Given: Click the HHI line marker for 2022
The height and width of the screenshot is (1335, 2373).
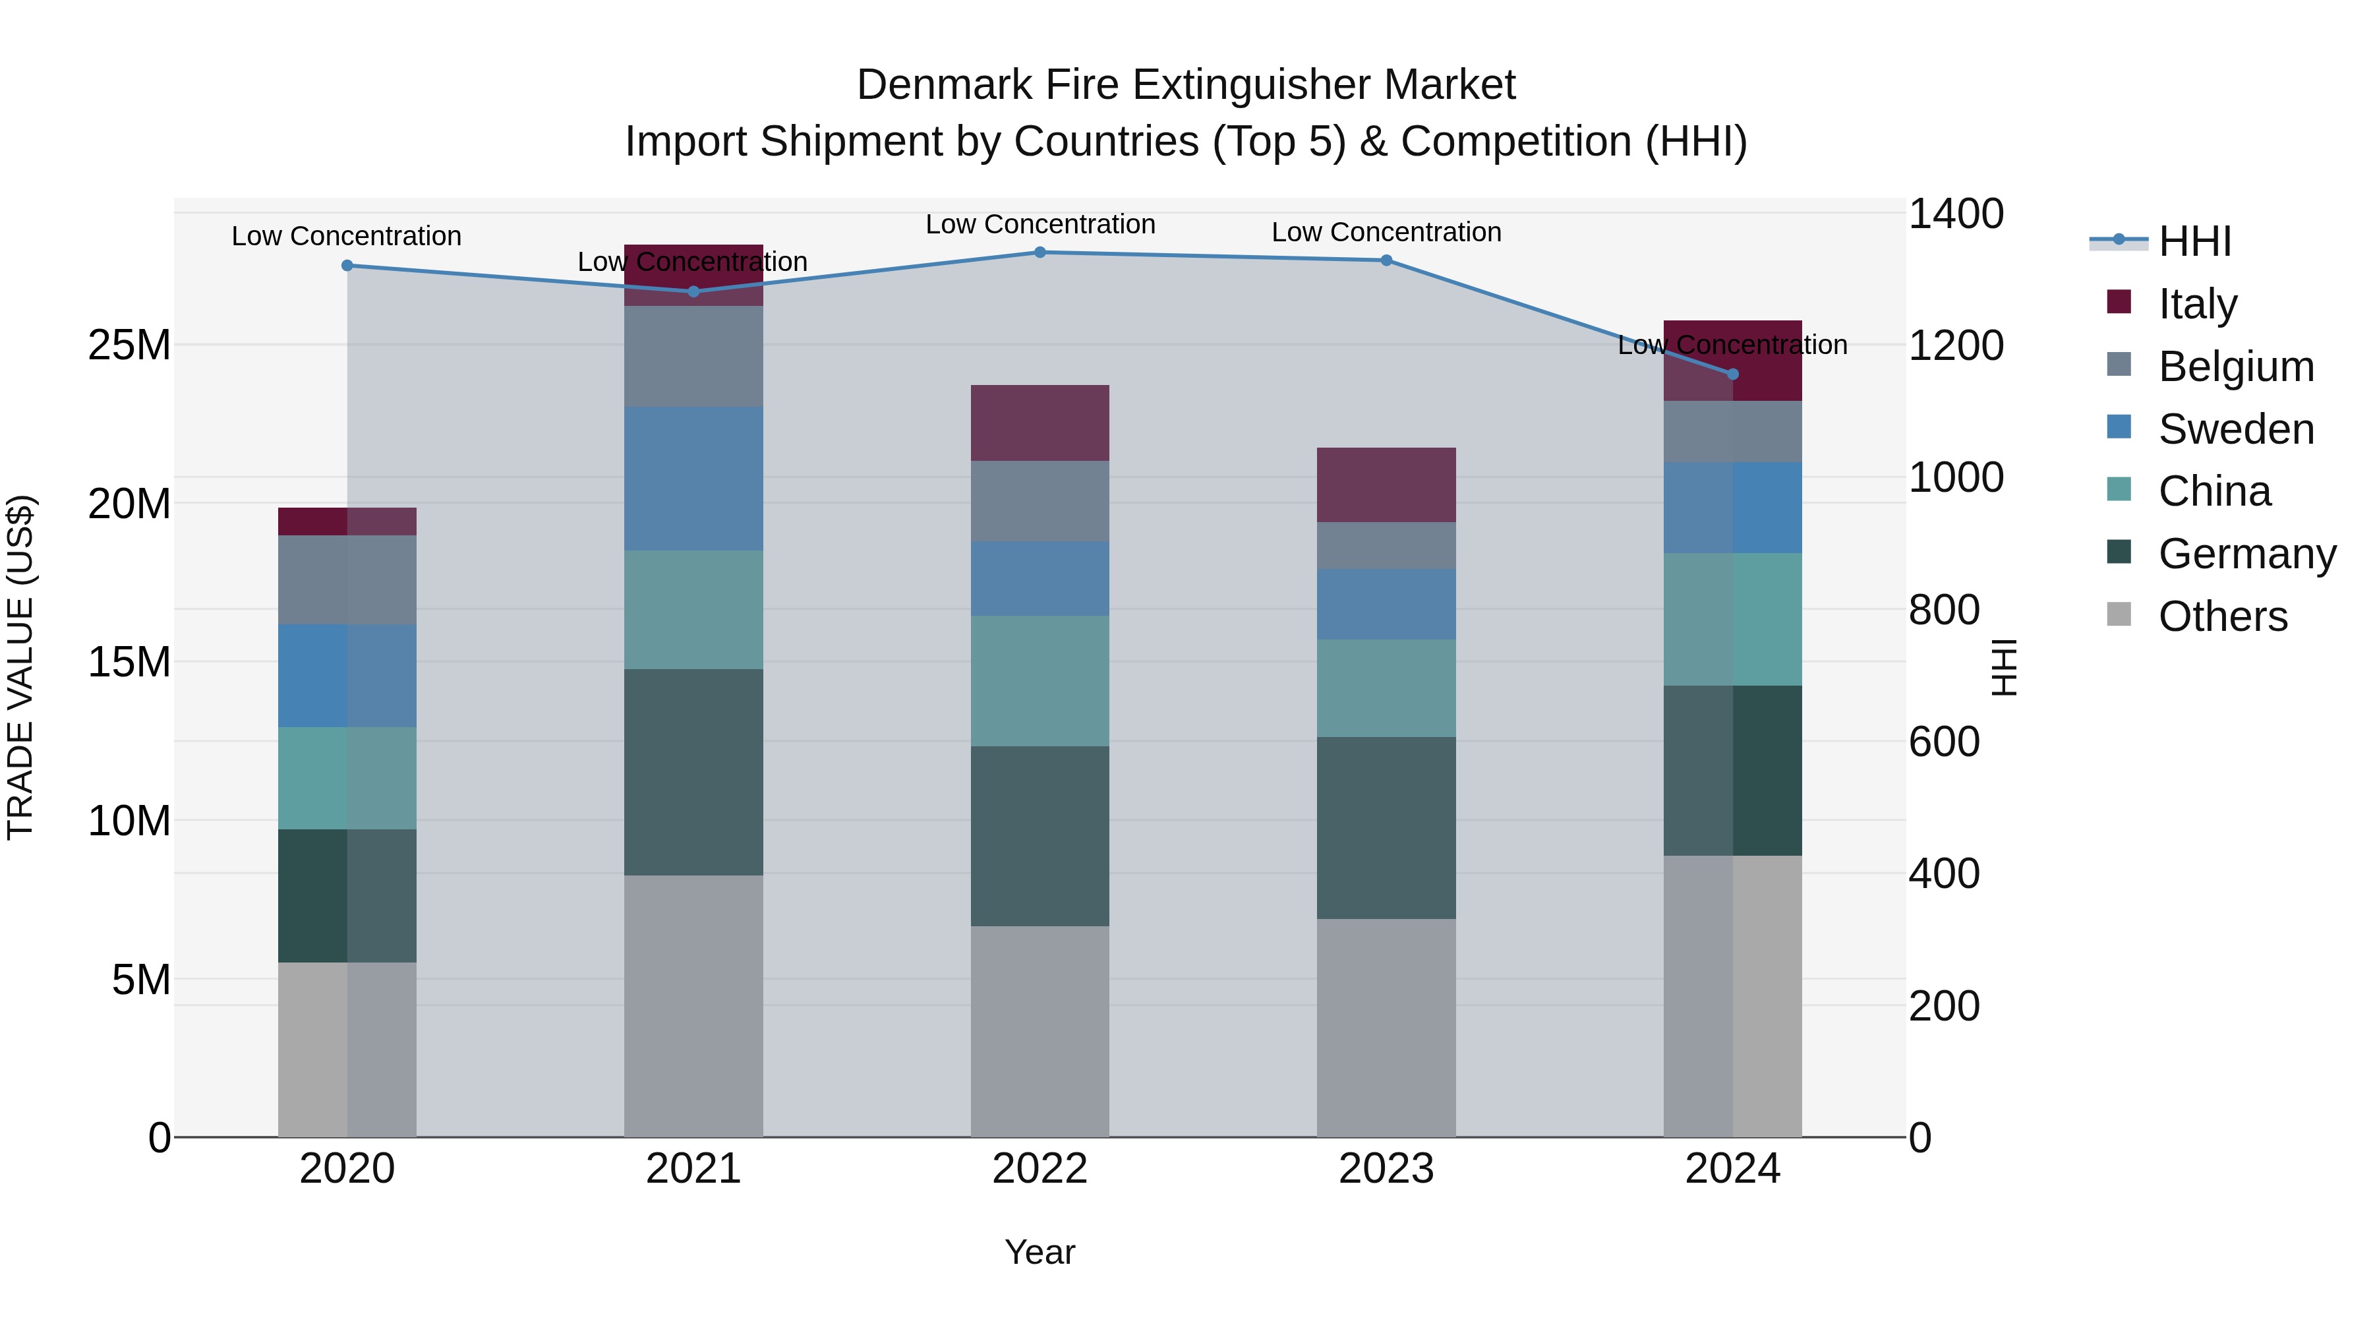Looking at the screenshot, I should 1040,252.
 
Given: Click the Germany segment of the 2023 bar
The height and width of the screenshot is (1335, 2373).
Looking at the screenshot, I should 1386,827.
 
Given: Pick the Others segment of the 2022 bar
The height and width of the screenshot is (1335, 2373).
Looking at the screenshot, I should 1040,1031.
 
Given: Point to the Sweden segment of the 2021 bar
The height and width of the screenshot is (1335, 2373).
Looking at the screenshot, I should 693,479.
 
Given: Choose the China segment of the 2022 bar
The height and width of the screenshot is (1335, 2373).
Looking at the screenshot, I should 1040,681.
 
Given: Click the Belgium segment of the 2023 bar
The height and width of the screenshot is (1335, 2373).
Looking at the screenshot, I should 1386,545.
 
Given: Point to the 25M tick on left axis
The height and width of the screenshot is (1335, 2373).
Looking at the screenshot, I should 129,345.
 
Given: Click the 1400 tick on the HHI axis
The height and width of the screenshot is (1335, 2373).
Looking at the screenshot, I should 1955,214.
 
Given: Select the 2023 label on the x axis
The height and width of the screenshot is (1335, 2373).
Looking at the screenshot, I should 1386,1169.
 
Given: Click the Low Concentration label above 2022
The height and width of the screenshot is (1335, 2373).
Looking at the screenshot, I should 1040,224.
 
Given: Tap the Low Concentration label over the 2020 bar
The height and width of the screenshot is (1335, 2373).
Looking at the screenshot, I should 346,236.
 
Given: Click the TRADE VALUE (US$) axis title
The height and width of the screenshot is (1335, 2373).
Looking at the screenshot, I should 20,667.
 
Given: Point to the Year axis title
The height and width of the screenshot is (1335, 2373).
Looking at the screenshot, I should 1040,1252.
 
